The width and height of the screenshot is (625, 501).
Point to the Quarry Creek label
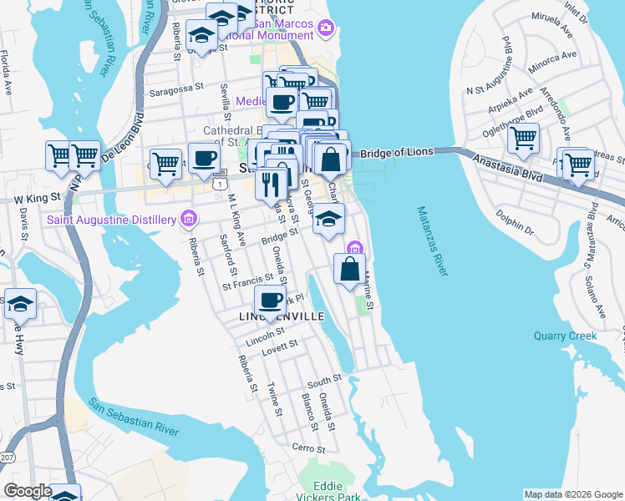[566, 336]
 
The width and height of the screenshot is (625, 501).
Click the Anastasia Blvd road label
[506, 164]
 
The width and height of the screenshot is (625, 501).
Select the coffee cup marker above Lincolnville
[271, 300]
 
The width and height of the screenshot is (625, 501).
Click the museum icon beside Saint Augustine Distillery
[189, 220]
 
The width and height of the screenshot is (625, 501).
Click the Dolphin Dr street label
[512, 222]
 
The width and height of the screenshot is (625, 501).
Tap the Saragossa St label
[176, 86]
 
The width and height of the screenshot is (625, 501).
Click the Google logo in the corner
[27, 491]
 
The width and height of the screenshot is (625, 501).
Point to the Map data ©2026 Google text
[573, 494]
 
